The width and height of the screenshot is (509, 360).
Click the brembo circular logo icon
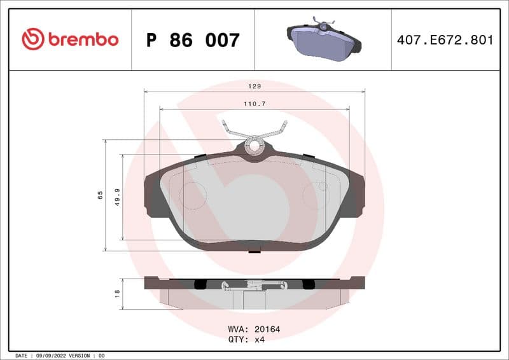coord(33,39)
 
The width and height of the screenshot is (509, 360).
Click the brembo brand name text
coord(83,39)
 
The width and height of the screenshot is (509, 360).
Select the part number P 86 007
coord(193,40)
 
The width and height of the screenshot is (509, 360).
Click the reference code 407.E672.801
coord(445,40)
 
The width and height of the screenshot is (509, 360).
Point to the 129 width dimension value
coord(254,85)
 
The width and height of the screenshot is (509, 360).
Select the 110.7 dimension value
coord(254,102)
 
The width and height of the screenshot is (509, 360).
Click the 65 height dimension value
coord(100,195)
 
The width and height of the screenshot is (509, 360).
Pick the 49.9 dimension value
coord(117,197)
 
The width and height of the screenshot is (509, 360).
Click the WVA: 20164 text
coord(254,329)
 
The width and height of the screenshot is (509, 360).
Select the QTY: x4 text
coord(246,340)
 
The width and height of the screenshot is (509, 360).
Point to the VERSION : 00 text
coord(86,355)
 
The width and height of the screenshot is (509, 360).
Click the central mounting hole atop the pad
coord(254,145)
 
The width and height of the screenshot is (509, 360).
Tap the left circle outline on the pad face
coord(193,195)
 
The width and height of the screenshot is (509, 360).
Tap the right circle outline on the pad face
coord(315,195)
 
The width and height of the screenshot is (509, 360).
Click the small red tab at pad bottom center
coord(254,250)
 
